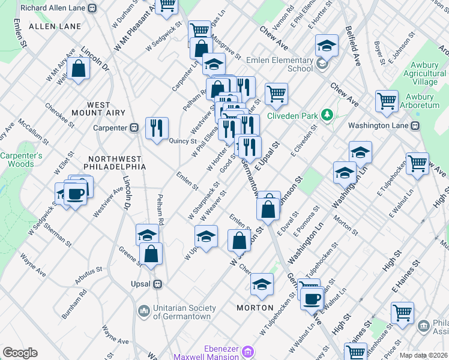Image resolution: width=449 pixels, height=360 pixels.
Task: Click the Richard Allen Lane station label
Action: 53,8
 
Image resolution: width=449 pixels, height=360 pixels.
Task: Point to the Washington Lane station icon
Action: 413,127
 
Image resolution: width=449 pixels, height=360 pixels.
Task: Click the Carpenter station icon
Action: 134,127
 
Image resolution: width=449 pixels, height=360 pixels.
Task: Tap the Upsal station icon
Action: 157,283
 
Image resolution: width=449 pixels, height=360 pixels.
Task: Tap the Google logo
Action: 20,353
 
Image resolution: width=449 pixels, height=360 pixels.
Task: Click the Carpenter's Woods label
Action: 21,160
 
